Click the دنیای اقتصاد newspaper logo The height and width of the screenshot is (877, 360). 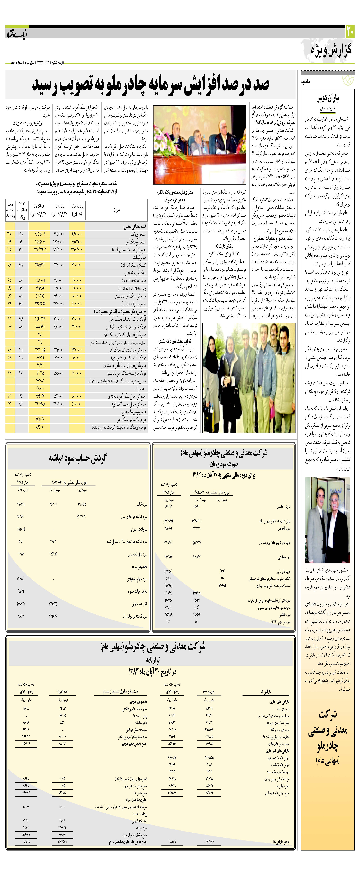[16, 34]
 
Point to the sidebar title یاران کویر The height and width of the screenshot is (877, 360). [328, 99]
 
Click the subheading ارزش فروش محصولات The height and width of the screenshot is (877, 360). [28, 123]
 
